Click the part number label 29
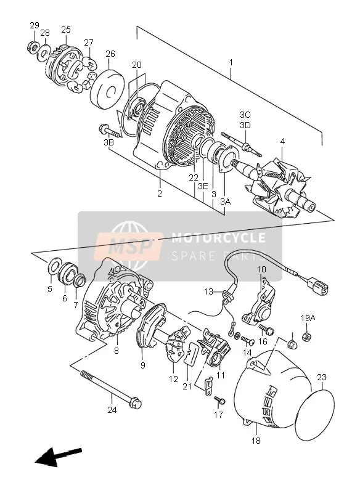pos(35,25)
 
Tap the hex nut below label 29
pos(32,47)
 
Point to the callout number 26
pos(110,54)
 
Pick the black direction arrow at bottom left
pos(58,455)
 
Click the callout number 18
pos(256,441)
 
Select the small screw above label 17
pos(220,400)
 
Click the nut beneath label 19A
pos(307,337)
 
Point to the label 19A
pos(308,318)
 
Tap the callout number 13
pos(208,291)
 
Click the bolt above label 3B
pos(109,131)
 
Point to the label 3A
pos(226,202)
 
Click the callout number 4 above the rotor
pos(282,142)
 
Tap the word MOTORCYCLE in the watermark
pos(218,238)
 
